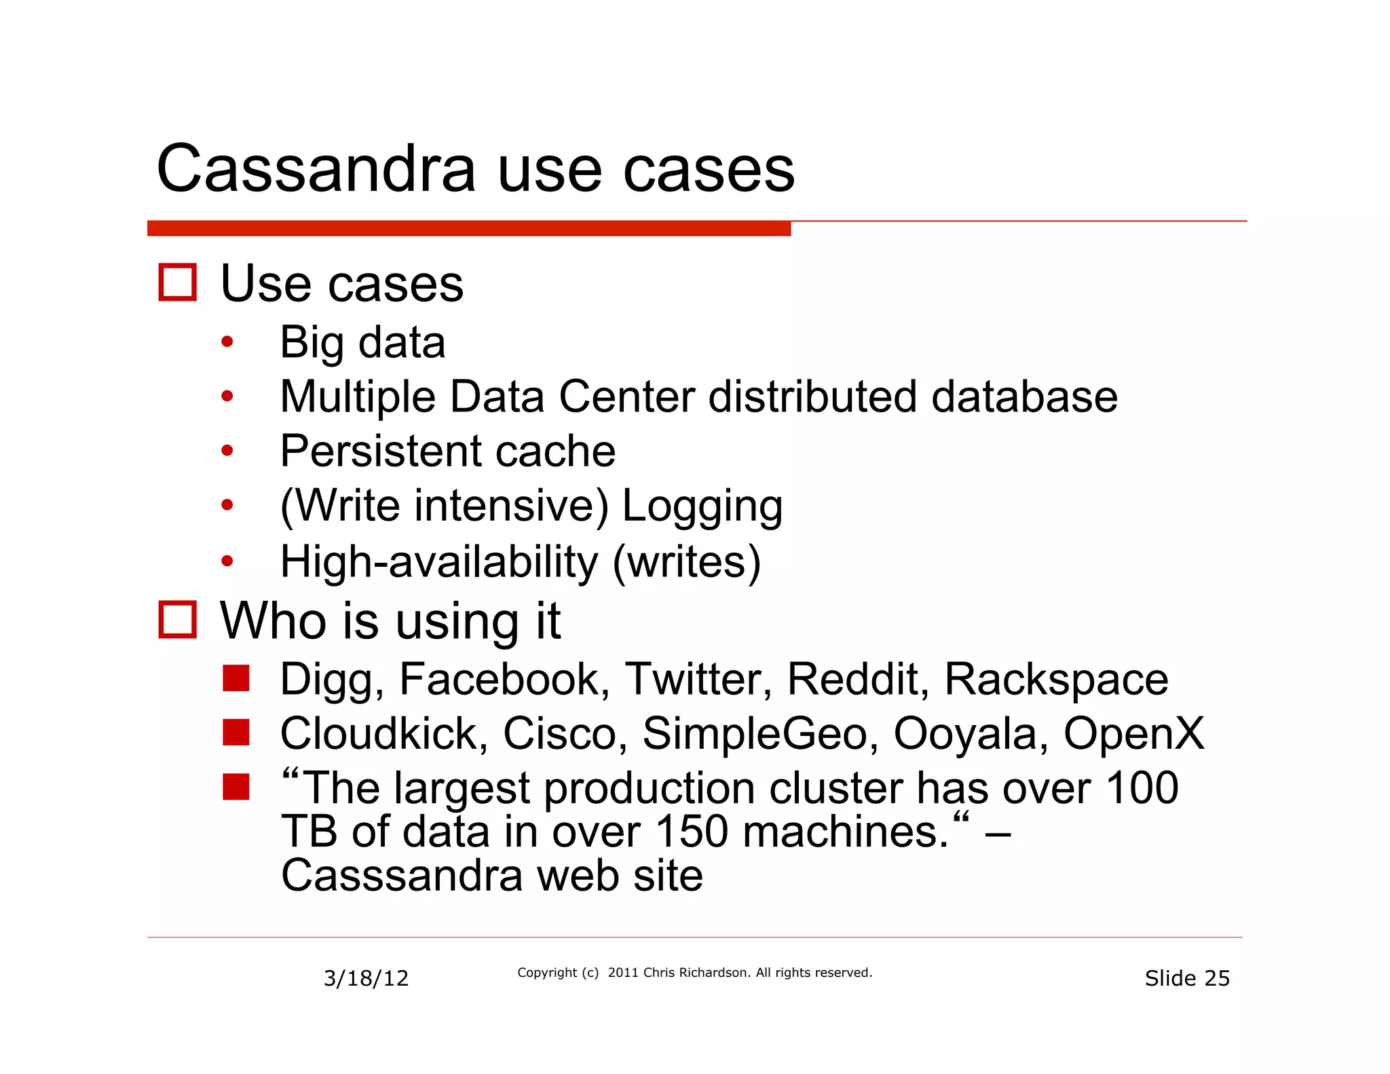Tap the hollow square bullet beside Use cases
tap(178, 282)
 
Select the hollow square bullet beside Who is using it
tap(178, 619)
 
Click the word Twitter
tap(698, 679)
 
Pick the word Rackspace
tap(1056, 679)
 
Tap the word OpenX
tap(1133, 734)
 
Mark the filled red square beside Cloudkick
tap(236, 733)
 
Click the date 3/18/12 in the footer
tap(366, 978)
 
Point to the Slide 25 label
tap(1187, 978)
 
